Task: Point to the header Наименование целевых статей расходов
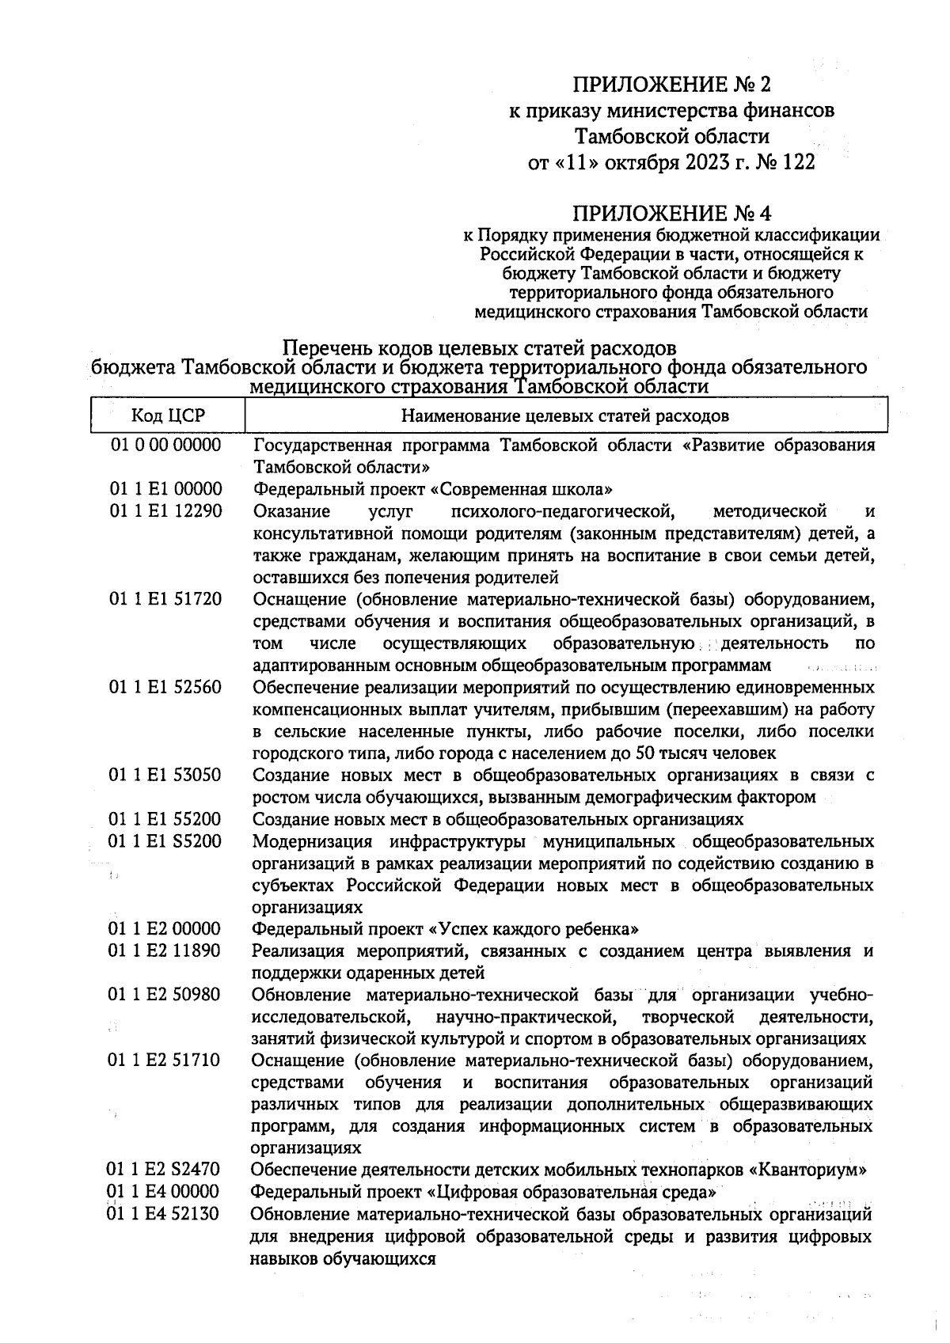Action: pos(565,415)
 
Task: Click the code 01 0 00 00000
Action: pos(165,445)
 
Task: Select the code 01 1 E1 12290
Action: pos(165,510)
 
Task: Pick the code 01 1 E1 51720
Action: pos(165,598)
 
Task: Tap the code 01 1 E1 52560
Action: pos(165,686)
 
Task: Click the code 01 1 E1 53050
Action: pos(165,775)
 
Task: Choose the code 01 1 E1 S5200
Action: pos(165,840)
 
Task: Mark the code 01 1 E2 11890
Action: pos(165,950)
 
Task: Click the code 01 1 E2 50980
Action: pos(165,994)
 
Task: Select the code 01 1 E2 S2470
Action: pos(164,1169)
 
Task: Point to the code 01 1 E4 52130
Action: pos(164,1213)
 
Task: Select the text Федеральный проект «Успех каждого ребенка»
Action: pos(445,928)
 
